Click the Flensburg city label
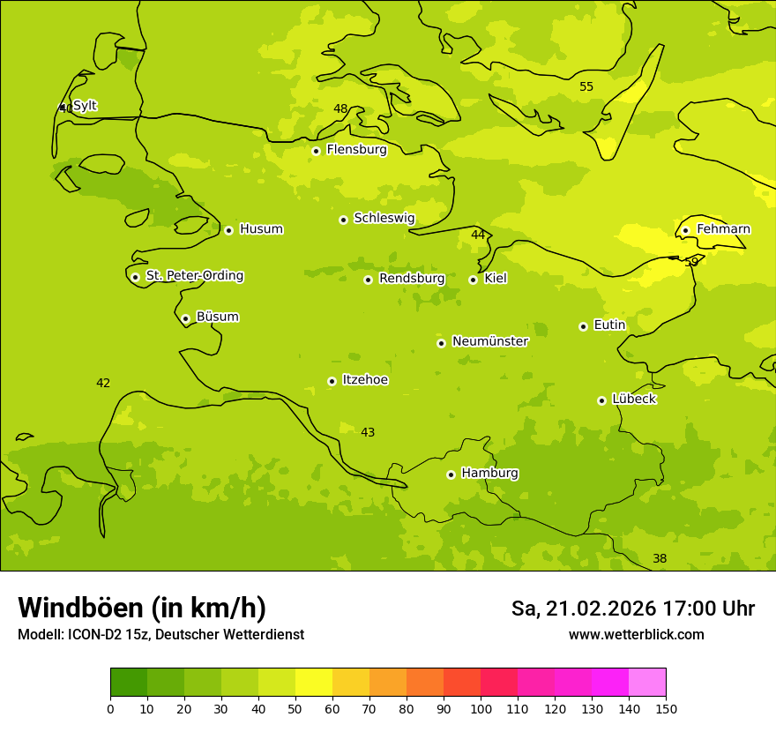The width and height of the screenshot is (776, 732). click(356, 150)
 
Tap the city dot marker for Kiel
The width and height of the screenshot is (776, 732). click(473, 280)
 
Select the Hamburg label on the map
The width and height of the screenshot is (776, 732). click(489, 474)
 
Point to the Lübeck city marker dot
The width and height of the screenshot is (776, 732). click(601, 400)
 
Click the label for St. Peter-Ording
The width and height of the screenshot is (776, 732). click(194, 276)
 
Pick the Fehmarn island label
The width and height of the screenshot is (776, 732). click(723, 229)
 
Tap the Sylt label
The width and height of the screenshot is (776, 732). click(85, 106)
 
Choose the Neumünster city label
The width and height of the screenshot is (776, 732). click(489, 341)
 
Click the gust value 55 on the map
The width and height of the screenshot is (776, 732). click(586, 86)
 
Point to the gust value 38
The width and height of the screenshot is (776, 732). click(660, 558)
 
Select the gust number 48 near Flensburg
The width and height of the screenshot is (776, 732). click(340, 108)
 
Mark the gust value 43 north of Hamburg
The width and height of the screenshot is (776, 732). click(368, 432)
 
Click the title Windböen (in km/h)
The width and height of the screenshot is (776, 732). click(142, 608)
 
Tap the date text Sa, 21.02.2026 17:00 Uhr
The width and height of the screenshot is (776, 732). click(632, 609)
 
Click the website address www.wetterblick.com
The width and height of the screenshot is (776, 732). click(636, 634)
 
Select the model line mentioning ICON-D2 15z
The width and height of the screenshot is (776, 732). click(160, 634)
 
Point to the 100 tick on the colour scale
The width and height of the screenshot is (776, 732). click(481, 708)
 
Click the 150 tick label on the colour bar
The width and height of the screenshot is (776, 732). click(666, 708)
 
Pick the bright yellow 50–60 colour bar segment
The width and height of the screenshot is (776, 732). click(314, 682)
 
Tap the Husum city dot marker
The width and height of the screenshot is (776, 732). click(228, 230)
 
